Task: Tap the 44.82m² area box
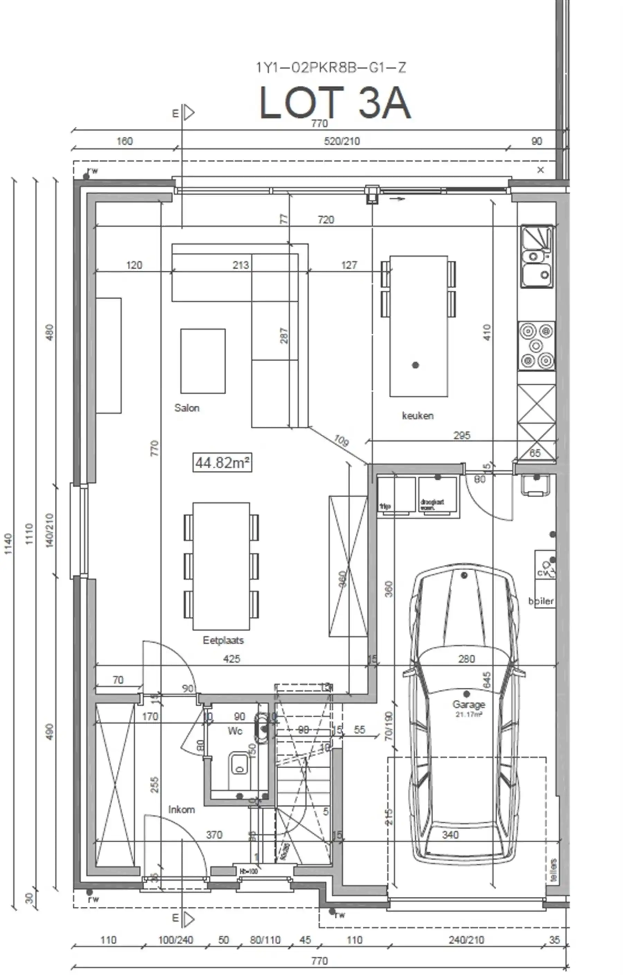222,463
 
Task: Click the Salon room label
187,408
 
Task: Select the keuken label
417,416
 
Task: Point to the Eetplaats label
223,640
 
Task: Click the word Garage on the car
469,704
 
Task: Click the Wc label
235,731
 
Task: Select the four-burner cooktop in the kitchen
536,346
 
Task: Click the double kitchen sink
537,257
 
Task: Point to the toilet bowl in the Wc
239,764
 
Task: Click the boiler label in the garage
541,601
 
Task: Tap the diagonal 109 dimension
341,440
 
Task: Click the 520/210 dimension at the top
342,141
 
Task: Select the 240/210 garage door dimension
466,940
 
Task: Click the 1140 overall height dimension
8,544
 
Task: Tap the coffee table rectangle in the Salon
203,361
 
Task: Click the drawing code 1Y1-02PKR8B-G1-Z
331,67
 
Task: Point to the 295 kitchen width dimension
462,435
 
